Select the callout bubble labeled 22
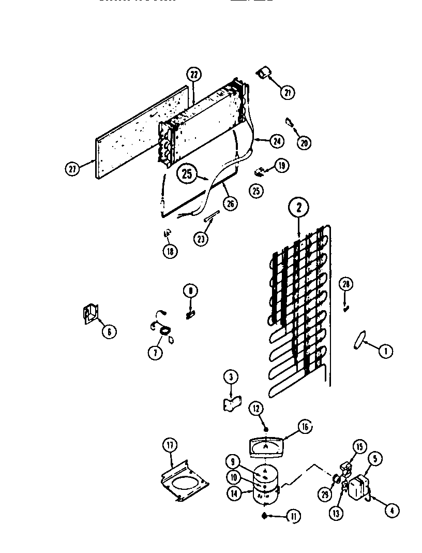point(193,75)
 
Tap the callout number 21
point(287,93)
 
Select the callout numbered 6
point(109,330)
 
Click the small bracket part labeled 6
point(91,315)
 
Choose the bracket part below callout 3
point(229,403)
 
